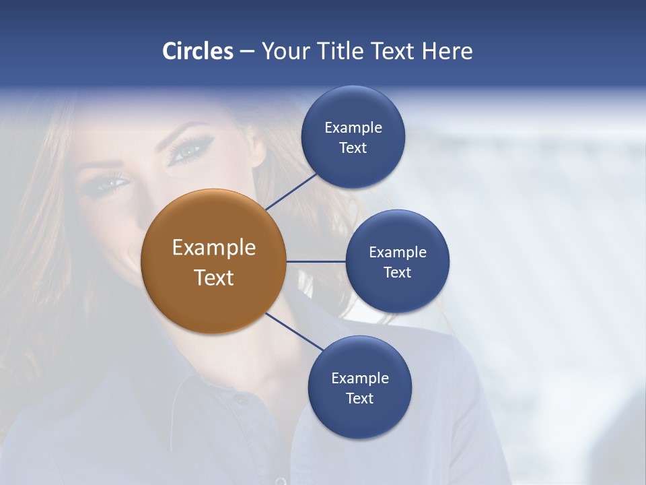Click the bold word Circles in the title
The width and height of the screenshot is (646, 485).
click(198, 51)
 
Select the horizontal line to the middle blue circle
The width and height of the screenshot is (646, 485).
click(316, 261)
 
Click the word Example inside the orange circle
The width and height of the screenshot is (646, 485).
click(214, 248)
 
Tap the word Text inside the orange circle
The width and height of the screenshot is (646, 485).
click(214, 278)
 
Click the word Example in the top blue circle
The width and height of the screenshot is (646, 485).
click(353, 127)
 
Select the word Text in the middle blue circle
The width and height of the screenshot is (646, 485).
click(397, 272)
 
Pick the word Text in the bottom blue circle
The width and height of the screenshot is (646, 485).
click(359, 398)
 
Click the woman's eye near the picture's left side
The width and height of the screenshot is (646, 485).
click(108, 183)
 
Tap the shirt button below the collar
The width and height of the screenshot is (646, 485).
click(240, 399)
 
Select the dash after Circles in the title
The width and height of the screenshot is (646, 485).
click(246, 52)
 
